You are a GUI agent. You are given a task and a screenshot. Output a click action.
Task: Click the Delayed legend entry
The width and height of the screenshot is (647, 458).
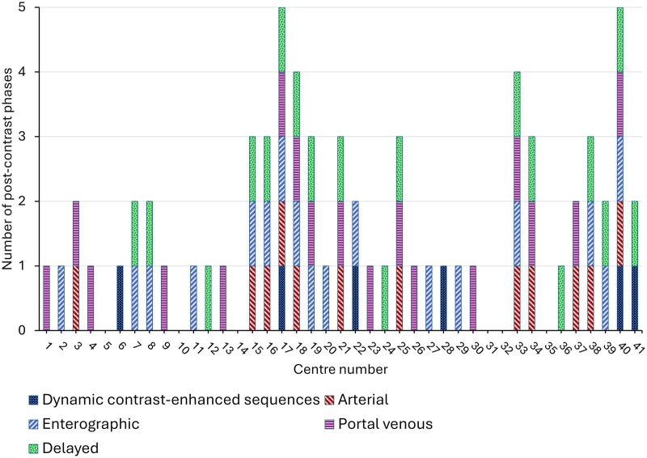(x=64, y=448)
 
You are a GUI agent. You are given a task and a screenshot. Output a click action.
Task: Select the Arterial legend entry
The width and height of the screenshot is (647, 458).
(x=356, y=400)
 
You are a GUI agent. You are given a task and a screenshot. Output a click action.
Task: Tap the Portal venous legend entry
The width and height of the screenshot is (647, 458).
(x=378, y=424)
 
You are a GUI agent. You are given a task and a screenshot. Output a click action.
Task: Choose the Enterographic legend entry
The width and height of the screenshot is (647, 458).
(x=84, y=424)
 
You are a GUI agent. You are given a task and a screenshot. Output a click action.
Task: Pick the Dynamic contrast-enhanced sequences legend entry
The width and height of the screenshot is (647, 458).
(x=174, y=400)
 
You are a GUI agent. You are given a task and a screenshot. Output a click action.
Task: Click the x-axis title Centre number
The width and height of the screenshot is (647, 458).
(x=340, y=369)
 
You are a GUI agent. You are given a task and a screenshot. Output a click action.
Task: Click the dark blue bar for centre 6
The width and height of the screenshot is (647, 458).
(x=120, y=298)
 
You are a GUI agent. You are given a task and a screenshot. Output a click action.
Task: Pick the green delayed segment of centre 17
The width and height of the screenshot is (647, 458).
(x=281, y=40)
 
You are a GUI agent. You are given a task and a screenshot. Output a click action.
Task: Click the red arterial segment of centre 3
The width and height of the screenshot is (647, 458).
(x=76, y=298)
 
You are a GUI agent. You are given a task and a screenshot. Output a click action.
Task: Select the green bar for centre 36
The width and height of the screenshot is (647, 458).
(x=561, y=298)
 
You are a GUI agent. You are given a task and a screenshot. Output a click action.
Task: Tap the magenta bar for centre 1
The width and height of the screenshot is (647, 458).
(x=47, y=298)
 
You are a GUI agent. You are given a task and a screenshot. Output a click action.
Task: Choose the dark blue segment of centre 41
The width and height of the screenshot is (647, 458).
(x=635, y=298)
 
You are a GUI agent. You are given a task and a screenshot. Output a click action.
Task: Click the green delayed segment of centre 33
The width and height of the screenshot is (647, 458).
(x=517, y=104)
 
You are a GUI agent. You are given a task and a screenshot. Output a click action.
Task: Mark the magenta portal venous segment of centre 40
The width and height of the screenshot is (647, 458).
(x=620, y=104)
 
